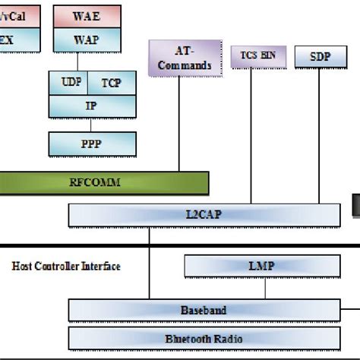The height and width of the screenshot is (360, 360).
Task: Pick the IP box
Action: (x=91, y=106)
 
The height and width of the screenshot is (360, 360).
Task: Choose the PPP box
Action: (x=91, y=143)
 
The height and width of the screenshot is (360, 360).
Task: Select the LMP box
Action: (x=261, y=267)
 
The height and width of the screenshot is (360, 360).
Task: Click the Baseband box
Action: (x=203, y=310)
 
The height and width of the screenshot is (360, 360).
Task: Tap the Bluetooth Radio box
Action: (x=203, y=339)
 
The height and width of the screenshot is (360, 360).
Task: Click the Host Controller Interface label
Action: (x=66, y=267)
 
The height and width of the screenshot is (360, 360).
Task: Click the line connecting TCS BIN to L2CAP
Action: (x=249, y=137)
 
